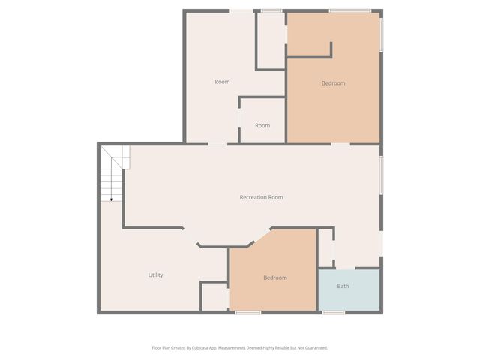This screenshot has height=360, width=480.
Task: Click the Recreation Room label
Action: point(261,197)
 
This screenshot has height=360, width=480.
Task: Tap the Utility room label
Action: point(155,275)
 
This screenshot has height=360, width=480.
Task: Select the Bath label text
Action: point(343,286)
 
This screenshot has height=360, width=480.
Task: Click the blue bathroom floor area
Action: point(349,296)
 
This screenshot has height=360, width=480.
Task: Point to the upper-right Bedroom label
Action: point(333,83)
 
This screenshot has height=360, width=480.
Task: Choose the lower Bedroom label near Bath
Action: point(274,277)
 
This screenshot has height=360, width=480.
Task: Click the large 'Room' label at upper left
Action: point(222,82)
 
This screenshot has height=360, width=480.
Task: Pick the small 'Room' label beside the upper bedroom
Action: point(262,125)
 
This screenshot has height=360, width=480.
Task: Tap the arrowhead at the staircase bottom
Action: point(111,199)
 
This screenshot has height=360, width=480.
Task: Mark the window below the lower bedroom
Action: point(247,312)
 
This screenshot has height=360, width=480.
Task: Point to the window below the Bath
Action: point(333,312)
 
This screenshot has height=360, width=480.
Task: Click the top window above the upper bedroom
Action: point(349,10)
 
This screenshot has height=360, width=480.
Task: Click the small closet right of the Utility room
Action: point(214,296)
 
